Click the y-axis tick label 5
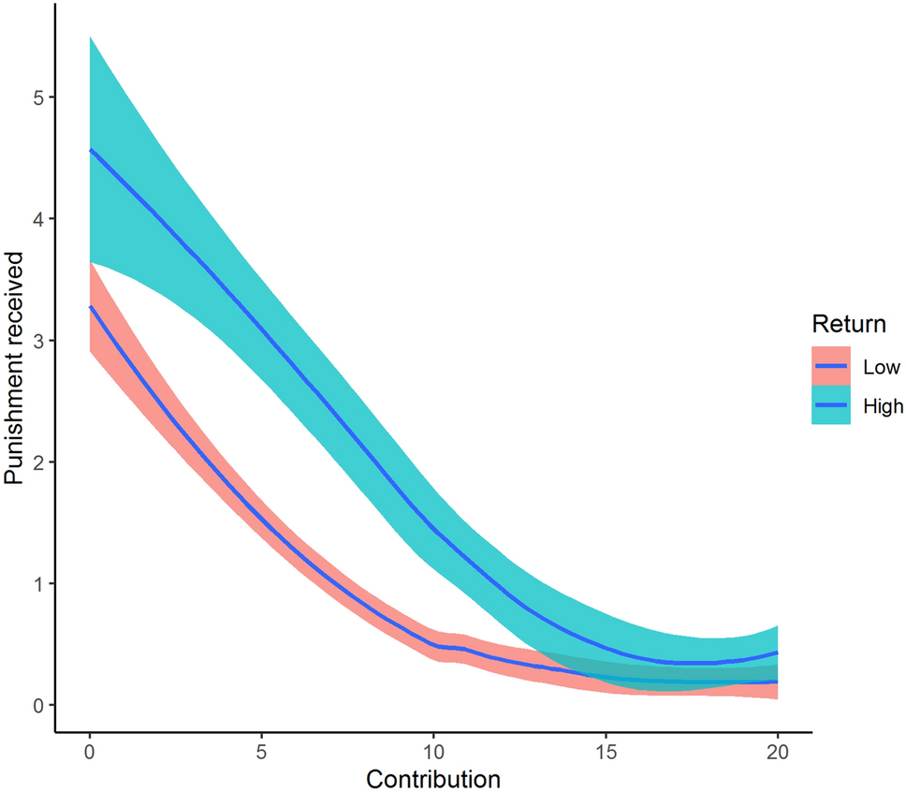click(39, 97)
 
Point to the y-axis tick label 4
click(39, 219)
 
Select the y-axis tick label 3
click(39, 341)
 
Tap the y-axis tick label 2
click(39, 462)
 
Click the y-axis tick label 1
click(39, 584)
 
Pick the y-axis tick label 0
click(39, 705)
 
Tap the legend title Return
click(848, 325)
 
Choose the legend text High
click(883, 405)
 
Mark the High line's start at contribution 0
click(90, 150)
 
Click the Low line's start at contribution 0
click(90, 306)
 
